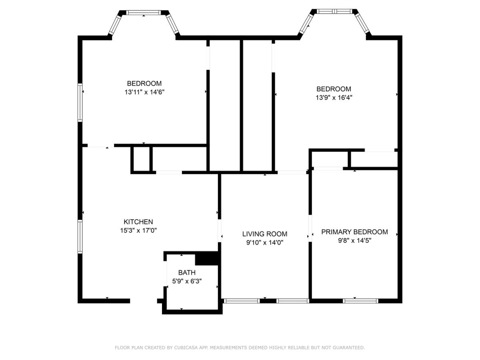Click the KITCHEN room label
point(138,222)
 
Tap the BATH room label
point(187,272)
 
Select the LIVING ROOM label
point(265,234)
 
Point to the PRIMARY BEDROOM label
point(354,232)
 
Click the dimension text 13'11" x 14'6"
point(144,92)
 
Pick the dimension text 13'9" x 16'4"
point(334,98)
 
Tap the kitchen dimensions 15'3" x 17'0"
point(138,230)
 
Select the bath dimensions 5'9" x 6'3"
point(187,281)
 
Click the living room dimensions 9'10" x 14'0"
point(265,242)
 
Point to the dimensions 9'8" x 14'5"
point(354,240)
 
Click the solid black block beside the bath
point(207,258)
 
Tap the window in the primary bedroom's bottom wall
point(360,301)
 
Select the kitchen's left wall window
point(80,236)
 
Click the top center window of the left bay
point(144,12)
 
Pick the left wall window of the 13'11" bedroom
point(80,102)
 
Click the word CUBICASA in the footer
point(185,347)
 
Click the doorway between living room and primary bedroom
point(310,228)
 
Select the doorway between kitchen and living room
point(220,231)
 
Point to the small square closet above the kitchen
point(142,159)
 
